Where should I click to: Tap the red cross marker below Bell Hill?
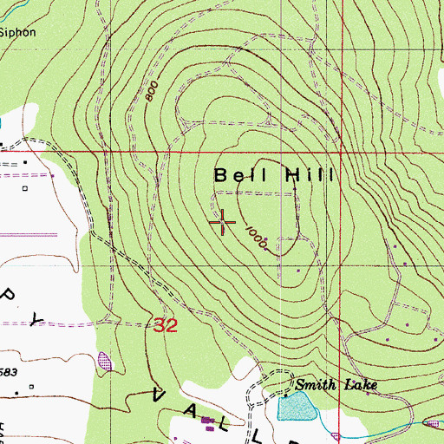(223, 223)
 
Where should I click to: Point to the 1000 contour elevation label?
(255, 239)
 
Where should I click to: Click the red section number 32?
(166, 325)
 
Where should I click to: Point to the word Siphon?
(17, 32)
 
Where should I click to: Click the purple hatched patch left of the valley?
(106, 359)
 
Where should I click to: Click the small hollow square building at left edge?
(25, 186)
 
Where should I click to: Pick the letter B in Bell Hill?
(221, 175)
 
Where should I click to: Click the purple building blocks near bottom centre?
(208, 423)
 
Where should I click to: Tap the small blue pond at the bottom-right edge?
(433, 422)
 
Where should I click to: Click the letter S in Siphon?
(3, 32)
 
